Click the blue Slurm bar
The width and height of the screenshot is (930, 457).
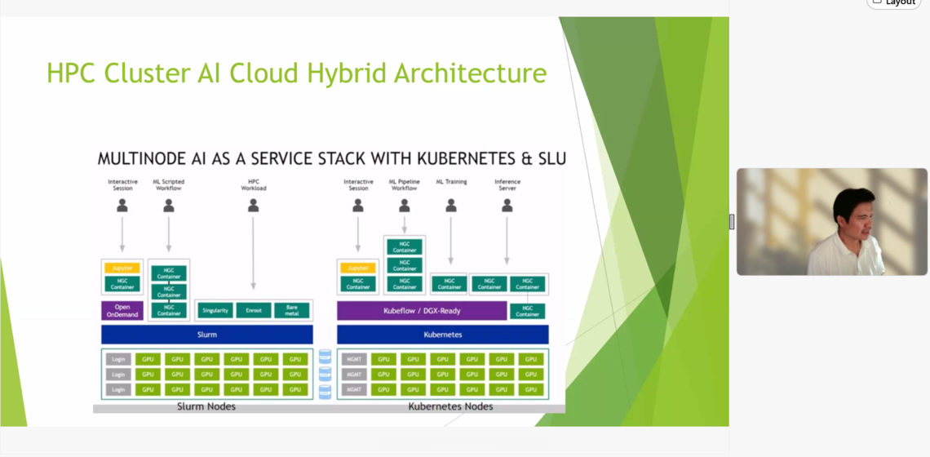tap(207, 335)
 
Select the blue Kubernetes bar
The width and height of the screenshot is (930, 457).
tap(443, 335)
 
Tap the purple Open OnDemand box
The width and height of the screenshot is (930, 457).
tap(122, 311)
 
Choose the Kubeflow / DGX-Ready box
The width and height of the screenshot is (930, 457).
tap(422, 311)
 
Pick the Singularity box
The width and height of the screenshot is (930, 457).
tap(215, 311)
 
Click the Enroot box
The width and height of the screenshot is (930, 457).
tap(254, 311)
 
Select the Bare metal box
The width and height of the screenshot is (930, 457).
tap(292, 311)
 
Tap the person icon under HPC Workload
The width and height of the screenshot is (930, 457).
tap(254, 206)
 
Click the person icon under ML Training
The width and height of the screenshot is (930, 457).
tap(451, 206)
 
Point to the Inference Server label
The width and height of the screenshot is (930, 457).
tap(507, 185)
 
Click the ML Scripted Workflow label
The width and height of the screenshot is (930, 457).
tap(169, 185)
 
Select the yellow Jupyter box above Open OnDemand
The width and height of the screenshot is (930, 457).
tap(122, 268)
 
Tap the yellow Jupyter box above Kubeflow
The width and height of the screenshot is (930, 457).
tap(358, 268)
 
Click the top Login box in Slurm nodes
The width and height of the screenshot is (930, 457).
tap(118, 359)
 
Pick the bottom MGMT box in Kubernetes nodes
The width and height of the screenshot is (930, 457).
tap(354, 389)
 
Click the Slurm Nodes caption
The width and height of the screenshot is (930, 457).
tap(206, 406)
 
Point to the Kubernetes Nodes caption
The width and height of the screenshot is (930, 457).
tap(450, 406)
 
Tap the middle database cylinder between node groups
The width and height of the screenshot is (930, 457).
tap(325, 374)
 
